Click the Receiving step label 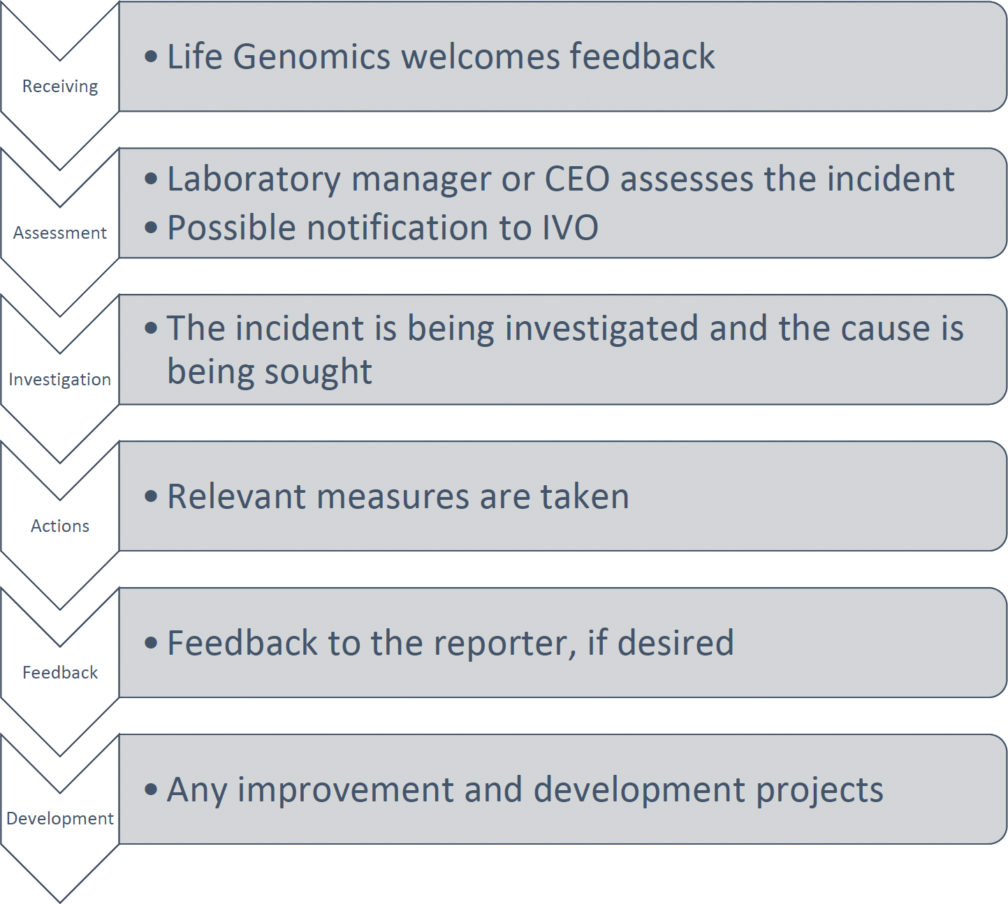pyautogui.click(x=60, y=87)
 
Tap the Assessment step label pyautogui.click(x=59, y=232)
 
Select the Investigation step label pyautogui.click(x=59, y=380)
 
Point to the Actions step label pyautogui.click(x=60, y=526)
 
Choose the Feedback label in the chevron pyautogui.click(x=60, y=672)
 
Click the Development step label pyautogui.click(x=59, y=818)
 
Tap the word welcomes pyautogui.click(x=481, y=56)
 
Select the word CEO pyautogui.click(x=577, y=179)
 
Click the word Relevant pyautogui.click(x=236, y=496)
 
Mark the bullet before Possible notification pyautogui.click(x=152, y=228)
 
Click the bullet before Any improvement pyautogui.click(x=152, y=790)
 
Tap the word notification pyautogui.click(x=397, y=228)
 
